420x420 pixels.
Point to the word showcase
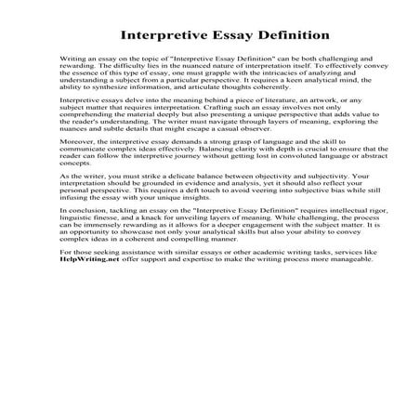tap(122, 305)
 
